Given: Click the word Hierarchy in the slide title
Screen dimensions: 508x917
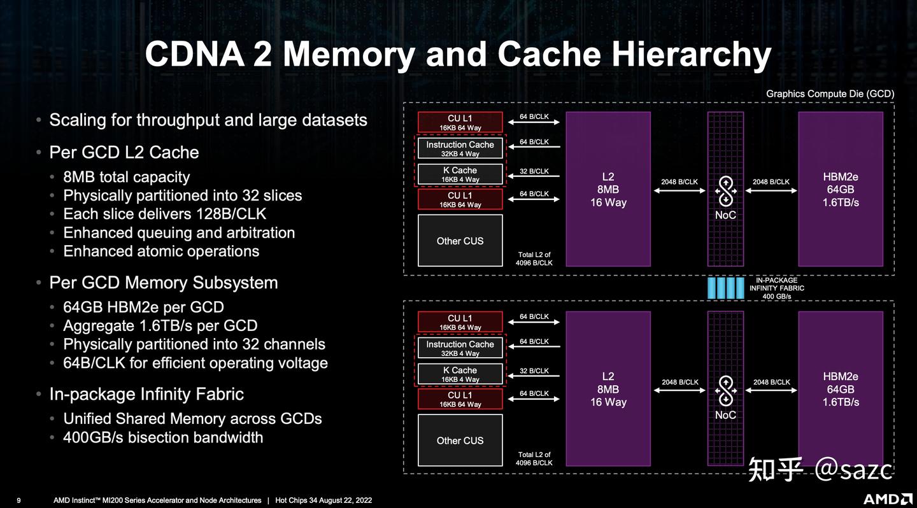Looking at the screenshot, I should (692, 54).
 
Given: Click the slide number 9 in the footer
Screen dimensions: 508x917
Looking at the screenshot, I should (18, 500).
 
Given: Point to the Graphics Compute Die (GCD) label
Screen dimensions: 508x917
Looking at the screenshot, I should (830, 94).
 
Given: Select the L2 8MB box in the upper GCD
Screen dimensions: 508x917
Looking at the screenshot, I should (608, 189).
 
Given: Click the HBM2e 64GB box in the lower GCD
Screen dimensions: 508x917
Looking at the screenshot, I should (841, 389).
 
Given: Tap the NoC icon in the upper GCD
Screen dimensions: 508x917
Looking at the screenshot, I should (725, 190).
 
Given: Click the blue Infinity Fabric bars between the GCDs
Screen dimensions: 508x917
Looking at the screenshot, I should (725, 288).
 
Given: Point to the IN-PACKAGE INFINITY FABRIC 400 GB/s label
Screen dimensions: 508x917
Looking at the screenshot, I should (776, 288).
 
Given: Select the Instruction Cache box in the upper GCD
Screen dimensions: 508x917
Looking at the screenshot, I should (460, 148).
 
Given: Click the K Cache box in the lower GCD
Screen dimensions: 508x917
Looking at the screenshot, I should (460, 374).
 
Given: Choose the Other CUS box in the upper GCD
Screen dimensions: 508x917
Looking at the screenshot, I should (460, 241).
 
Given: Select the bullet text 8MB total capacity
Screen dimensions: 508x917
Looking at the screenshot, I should (126, 177).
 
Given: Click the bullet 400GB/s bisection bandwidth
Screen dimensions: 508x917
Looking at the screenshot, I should (162, 437).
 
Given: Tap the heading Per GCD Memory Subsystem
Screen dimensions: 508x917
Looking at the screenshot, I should (163, 283).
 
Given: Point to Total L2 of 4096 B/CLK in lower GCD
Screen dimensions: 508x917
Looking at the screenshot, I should (534, 458).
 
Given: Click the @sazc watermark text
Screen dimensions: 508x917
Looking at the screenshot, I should (853, 469).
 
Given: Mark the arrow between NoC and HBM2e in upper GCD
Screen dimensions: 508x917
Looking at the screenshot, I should (771, 190).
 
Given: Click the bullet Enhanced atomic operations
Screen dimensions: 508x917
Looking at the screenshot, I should (160, 251).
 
